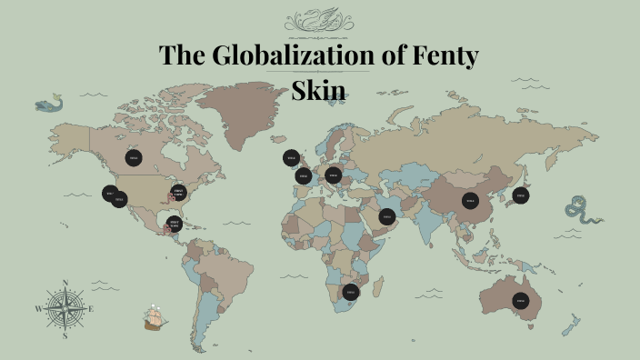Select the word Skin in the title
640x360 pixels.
(318, 91)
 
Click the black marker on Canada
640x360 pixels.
(134, 158)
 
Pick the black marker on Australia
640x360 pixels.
(521, 300)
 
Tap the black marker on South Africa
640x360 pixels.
(351, 292)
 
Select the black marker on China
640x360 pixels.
(470, 200)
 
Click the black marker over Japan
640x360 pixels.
(521, 195)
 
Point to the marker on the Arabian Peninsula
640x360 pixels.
(387, 216)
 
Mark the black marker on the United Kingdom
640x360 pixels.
(292, 158)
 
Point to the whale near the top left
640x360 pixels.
(50, 105)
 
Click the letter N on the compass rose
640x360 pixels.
(66, 283)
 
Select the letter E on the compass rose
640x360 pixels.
(92, 309)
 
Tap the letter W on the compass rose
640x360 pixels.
(38, 309)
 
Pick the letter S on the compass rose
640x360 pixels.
(65, 335)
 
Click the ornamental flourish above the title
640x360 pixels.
(319, 19)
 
